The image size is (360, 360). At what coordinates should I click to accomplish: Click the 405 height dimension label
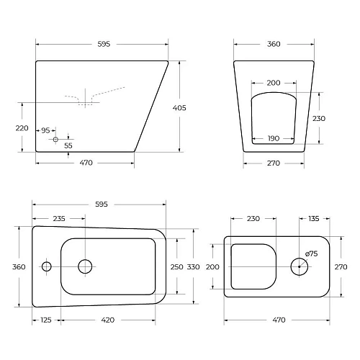coord(179,108)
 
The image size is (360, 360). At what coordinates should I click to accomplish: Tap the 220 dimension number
coord(22,127)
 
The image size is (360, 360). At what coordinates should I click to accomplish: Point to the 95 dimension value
coord(46,130)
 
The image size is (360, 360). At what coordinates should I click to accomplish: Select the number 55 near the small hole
coord(68,145)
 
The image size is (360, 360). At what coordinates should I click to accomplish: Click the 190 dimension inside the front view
coord(274,138)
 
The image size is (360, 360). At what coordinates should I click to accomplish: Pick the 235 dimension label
coord(59,219)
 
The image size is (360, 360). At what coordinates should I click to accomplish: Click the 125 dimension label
coord(46,320)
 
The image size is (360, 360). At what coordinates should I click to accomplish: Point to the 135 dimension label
coord(314,219)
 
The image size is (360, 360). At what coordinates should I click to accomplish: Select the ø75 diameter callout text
coord(312,253)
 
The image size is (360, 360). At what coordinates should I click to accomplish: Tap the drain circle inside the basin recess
coord(84,266)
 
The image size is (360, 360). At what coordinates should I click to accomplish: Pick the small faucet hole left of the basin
coord(46,266)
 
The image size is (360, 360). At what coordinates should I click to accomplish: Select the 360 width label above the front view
coord(274,45)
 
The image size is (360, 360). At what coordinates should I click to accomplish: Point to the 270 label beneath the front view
coord(274,163)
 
